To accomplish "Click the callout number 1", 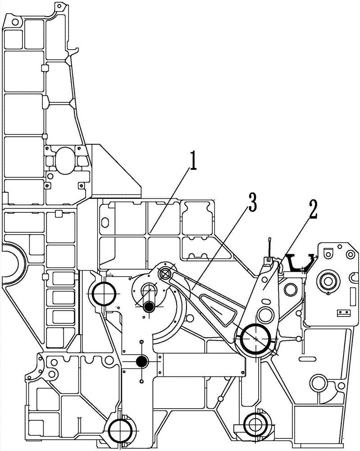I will (192, 161).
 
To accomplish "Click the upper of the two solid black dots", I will (150, 307).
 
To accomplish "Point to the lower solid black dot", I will (142, 360).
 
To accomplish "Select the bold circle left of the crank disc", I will (104, 295).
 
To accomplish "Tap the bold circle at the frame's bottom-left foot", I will (121, 430).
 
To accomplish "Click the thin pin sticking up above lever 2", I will (269, 246).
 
